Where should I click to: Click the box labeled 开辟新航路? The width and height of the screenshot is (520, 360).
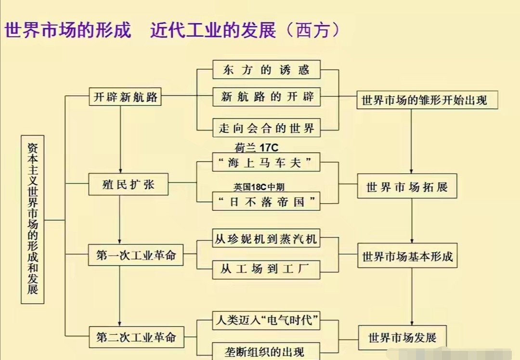click(x=125, y=97)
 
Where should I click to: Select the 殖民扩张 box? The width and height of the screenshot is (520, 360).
click(x=129, y=185)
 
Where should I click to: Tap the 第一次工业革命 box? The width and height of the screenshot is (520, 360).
click(x=136, y=255)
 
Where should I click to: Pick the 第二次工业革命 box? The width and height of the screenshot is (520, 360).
click(x=136, y=337)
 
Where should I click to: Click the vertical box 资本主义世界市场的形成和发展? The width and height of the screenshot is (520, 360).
click(x=33, y=219)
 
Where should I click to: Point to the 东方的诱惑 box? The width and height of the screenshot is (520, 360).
click(x=266, y=70)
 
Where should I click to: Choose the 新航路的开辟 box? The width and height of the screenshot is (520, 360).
click(x=266, y=96)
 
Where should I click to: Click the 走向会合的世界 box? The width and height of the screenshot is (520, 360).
click(x=266, y=128)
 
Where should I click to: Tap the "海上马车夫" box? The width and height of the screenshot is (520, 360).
click(x=266, y=163)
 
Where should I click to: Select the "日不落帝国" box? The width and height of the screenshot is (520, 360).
click(x=266, y=202)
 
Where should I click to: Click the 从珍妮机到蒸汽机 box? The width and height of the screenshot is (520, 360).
click(x=266, y=239)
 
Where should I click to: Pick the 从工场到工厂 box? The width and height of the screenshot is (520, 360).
click(x=266, y=269)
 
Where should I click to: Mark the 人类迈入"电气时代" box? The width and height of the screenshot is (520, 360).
click(x=266, y=320)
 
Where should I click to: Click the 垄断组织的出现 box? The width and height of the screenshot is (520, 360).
click(x=266, y=351)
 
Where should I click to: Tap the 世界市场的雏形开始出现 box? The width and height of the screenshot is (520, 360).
click(x=427, y=100)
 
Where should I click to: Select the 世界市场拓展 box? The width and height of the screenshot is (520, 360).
click(x=407, y=187)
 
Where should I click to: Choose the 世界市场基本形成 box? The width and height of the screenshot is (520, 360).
click(x=407, y=257)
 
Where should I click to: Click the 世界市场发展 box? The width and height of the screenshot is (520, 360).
click(x=403, y=337)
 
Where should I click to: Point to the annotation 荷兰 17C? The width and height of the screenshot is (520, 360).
click(x=256, y=147)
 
